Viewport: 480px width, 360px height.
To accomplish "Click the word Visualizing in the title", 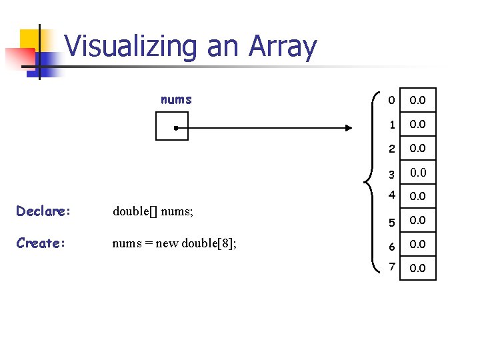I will pyautogui.click(x=131, y=47).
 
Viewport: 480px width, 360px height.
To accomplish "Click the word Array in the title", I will pyautogui.click(x=283, y=47).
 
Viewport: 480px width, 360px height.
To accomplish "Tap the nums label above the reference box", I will pyautogui.click(x=176, y=100).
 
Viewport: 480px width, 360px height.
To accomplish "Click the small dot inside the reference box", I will pyautogui.click(x=173, y=127).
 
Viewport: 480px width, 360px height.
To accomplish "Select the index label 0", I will pyautogui.click(x=393, y=100).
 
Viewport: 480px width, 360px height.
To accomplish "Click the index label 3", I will pyautogui.click(x=393, y=173).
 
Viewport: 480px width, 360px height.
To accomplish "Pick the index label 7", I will pyautogui.click(x=393, y=267).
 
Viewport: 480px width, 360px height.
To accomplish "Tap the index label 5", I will pyautogui.click(x=393, y=221).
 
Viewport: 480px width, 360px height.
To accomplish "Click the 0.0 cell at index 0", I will pyautogui.click(x=418, y=100).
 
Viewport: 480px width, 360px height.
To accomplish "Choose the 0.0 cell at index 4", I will pyautogui.click(x=418, y=197).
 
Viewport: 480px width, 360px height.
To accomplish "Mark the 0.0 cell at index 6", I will pyautogui.click(x=418, y=245).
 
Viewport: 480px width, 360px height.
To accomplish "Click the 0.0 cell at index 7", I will pyautogui.click(x=418, y=268).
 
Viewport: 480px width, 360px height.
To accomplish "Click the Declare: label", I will pyautogui.click(x=43, y=211).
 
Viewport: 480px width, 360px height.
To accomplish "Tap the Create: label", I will pyautogui.click(x=41, y=243).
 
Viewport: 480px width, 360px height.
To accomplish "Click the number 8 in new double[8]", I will pyautogui.click(x=227, y=243).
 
